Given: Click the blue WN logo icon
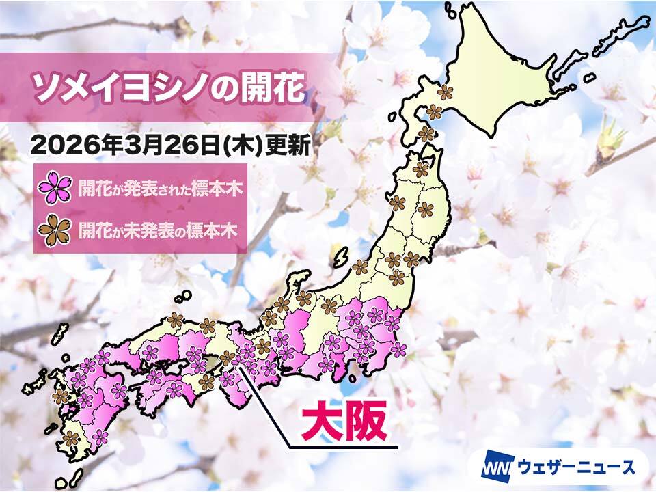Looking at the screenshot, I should click(x=494, y=467).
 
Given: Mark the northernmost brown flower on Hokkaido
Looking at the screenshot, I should click(x=445, y=92).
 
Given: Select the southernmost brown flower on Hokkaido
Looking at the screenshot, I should click(x=426, y=134).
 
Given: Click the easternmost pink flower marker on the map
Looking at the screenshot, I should click(x=398, y=350).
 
